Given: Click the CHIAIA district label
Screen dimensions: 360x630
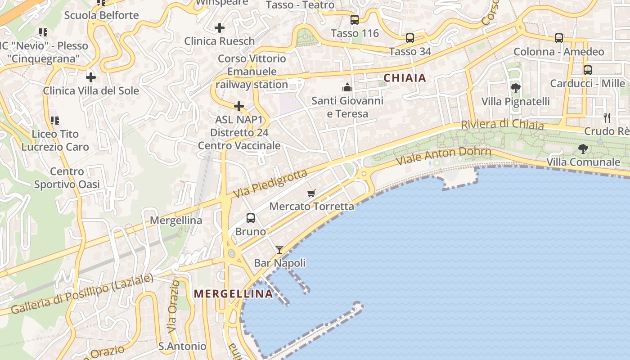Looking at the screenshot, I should tap(405, 78).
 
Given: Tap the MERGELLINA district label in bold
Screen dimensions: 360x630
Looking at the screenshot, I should tap(233, 294).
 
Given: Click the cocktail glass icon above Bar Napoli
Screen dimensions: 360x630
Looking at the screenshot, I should tap(279, 249).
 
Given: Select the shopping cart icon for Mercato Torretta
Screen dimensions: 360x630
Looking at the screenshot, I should tap(311, 193).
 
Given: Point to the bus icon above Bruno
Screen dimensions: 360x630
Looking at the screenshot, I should tap(251, 218).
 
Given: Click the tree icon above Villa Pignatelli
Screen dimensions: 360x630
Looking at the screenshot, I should tap(516, 88).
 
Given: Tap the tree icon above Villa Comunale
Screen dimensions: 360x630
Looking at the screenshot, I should tap(583, 148).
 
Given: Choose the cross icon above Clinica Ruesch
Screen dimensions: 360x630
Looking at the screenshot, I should tap(220, 28).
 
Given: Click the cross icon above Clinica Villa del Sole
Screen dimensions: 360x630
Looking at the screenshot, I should tap(91, 77).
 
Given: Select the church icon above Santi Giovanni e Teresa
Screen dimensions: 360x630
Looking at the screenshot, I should tap(347, 87).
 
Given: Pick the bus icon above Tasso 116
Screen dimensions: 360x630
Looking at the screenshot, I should tap(355, 20).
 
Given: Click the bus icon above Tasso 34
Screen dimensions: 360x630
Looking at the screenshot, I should tap(410, 38).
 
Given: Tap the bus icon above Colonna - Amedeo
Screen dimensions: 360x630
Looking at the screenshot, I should tap(559, 38).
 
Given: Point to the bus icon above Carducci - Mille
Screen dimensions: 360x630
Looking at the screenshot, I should tap(588, 70).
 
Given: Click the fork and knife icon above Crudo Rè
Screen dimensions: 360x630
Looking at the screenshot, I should tap(607, 118).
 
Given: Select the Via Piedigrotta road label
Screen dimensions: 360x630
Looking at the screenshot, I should tap(270, 183).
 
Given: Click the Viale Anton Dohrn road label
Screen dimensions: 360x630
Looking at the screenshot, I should tap(443, 156).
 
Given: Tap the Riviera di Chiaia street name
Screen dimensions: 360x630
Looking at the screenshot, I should tap(502, 124).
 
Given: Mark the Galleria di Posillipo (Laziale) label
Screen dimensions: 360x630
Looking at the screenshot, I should tap(82, 294).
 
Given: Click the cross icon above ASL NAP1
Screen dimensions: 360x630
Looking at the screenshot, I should tap(239, 107).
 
